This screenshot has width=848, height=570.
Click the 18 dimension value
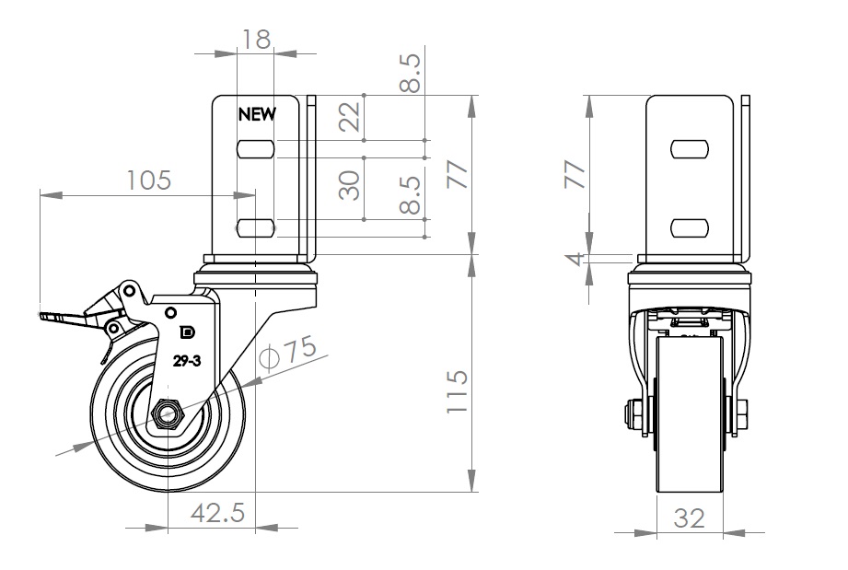click(x=256, y=39)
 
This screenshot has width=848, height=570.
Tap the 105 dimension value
click(x=148, y=180)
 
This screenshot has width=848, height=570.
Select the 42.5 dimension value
click(x=217, y=513)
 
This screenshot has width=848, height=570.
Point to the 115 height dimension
click(x=457, y=391)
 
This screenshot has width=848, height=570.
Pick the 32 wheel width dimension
click(x=690, y=518)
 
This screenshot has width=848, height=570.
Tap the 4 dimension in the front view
click(x=578, y=259)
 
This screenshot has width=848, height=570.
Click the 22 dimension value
click(x=349, y=117)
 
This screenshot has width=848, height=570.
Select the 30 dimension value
click(x=349, y=185)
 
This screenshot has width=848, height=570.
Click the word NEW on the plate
click(x=258, y=114)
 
